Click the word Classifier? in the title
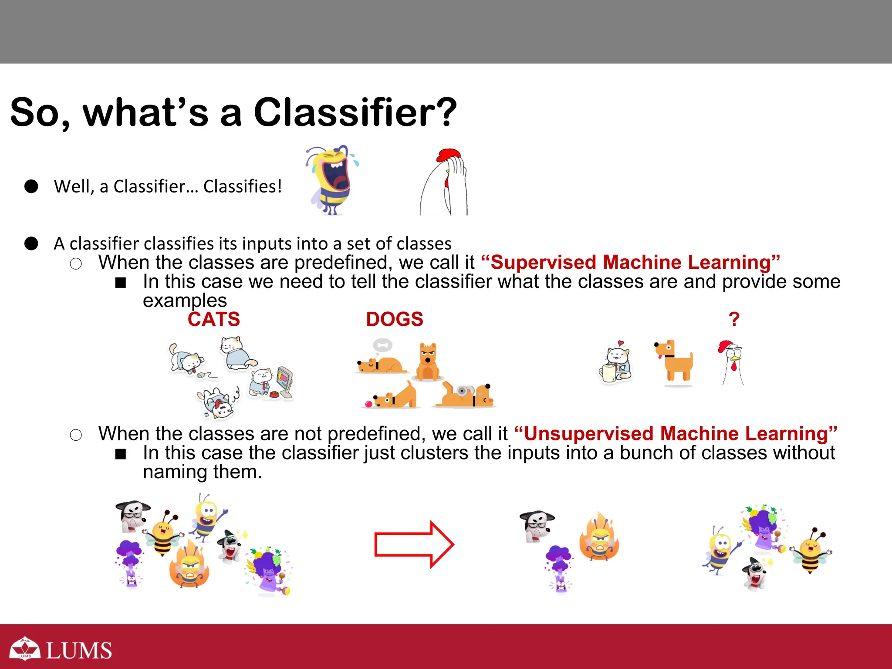[355, 112]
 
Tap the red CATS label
[214, 319]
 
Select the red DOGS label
[395, 319]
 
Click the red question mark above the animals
[734, 319]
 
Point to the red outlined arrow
[414, 544]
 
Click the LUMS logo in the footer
[61, 649]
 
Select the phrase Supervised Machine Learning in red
[631, 262]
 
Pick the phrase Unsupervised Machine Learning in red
[676, 433]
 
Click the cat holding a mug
[615, 362]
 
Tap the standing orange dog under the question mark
[674, 362]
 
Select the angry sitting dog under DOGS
[427, 362]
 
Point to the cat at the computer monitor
[271, 382]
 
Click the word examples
[185, 301]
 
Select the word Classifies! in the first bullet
[243, 186]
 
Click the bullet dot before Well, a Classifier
[31, 186]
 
